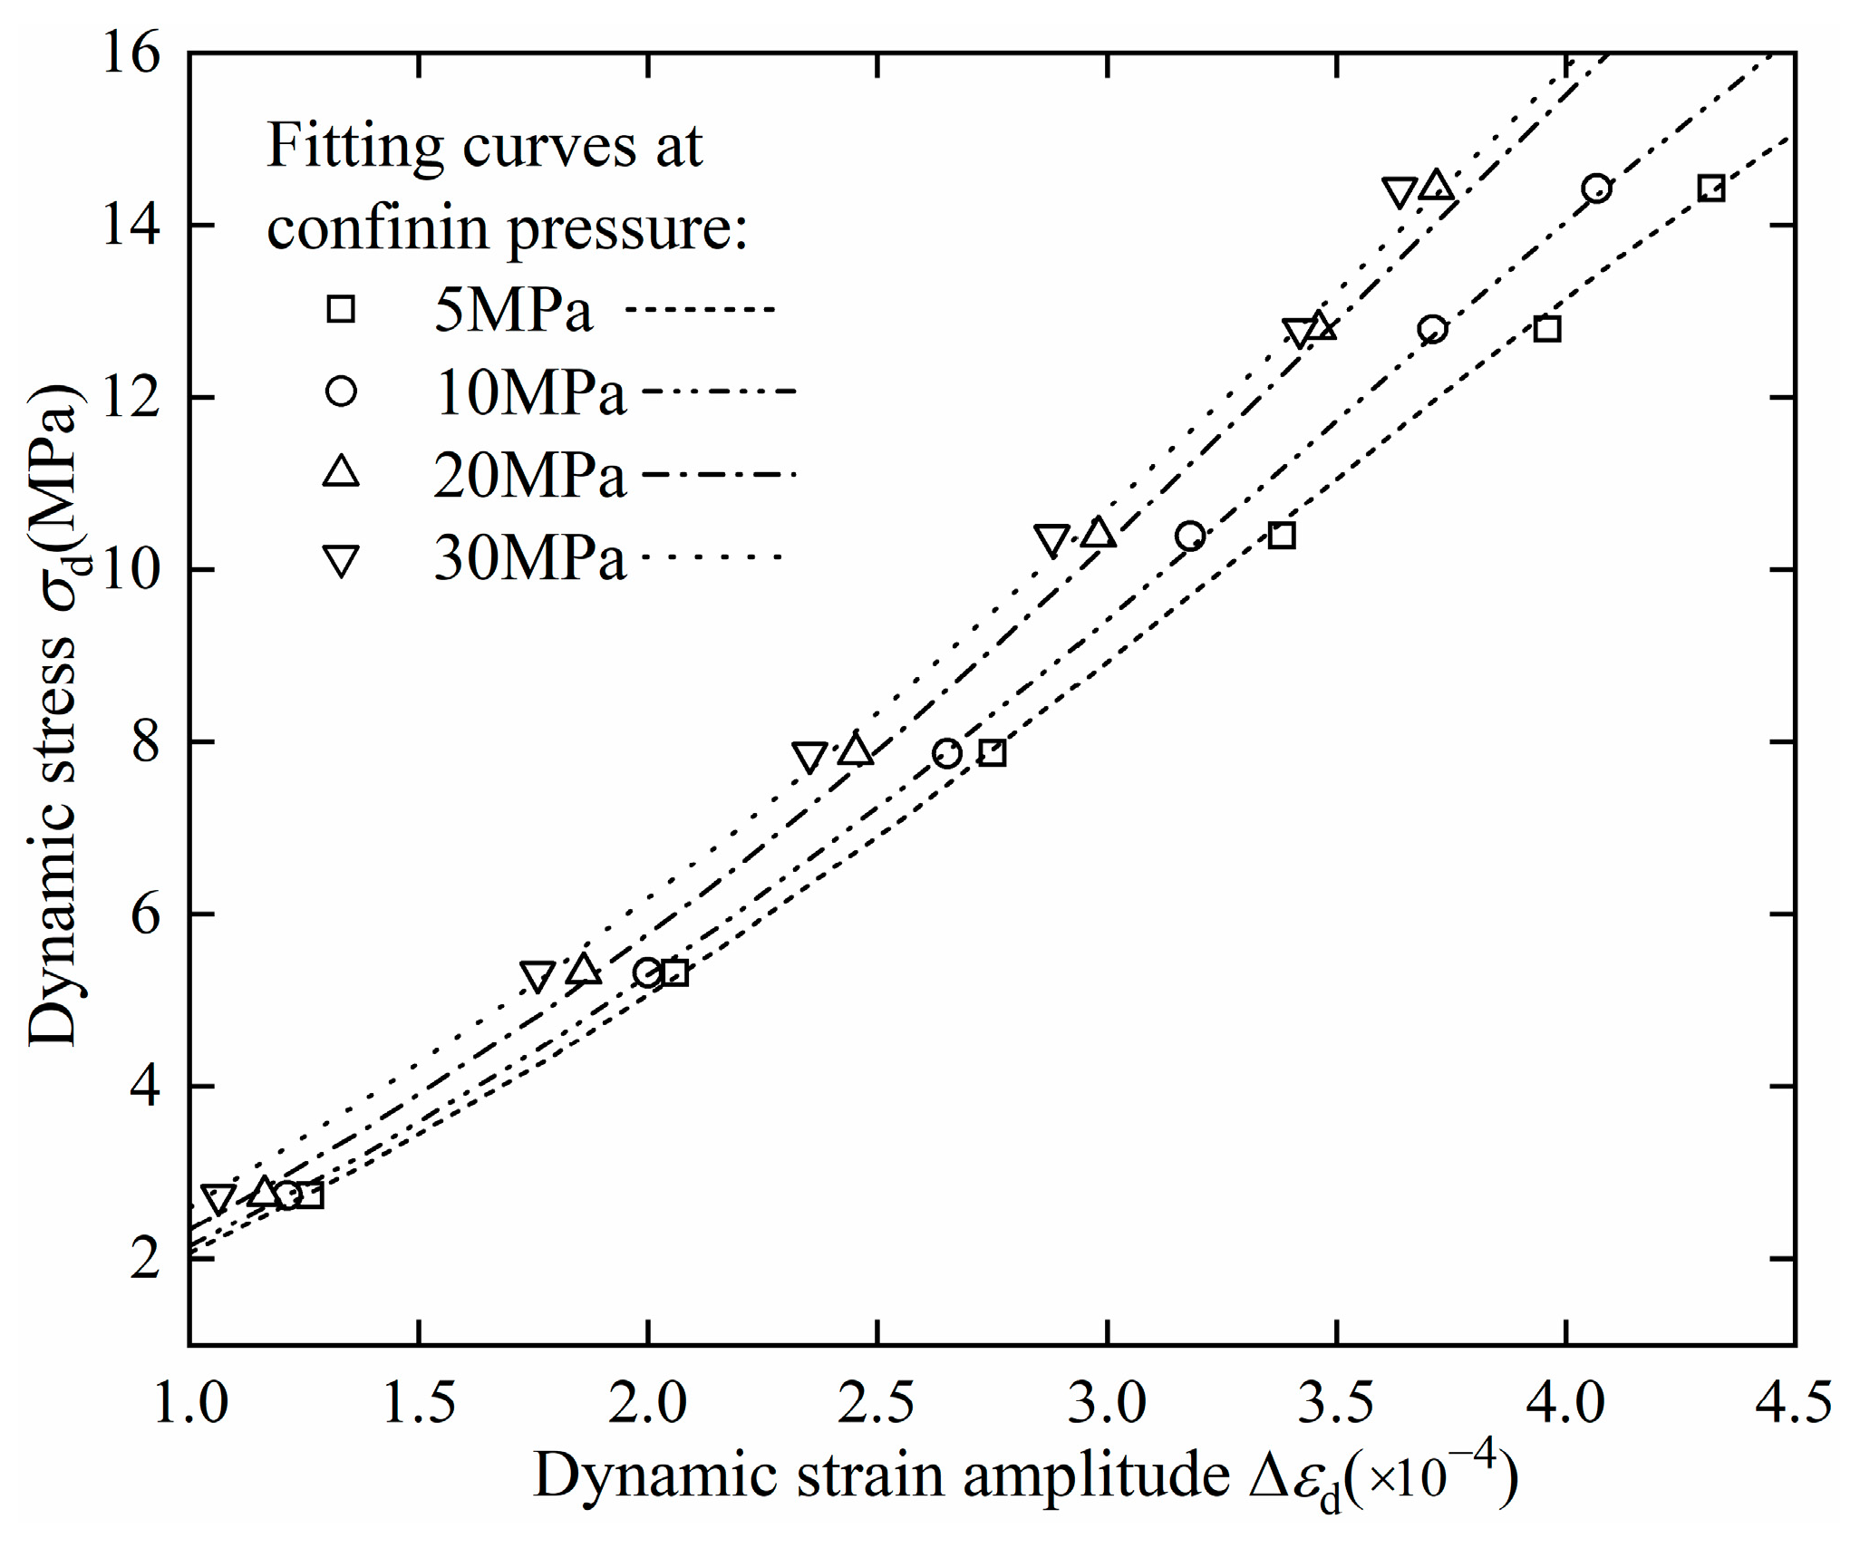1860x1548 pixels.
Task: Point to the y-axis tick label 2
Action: [x=145, y=1258]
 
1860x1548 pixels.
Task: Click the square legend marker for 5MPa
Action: [x=341, y=310]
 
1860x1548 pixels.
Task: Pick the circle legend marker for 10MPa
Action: [x=341, y=392]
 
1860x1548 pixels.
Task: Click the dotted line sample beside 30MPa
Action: [x=712, y=556]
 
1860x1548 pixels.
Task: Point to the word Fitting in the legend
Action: [x=354, y=145]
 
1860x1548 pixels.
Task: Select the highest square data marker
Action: [x=1710, y=189]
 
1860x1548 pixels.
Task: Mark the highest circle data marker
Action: [x=1596, y=189]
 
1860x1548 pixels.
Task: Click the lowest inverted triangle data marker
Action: [x=218, y=1198]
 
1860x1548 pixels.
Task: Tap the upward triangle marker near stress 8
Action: [x=855, y=750]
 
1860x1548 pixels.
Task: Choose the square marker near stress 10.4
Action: [x=1281, y=536]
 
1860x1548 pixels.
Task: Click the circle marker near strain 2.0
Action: [x=647, y=972]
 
